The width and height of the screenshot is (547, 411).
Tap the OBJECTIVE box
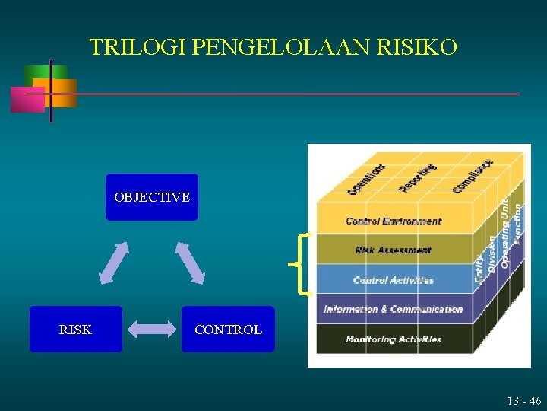(152, 197)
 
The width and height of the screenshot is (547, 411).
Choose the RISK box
(75, 330)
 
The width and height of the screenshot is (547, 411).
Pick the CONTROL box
(228, 330)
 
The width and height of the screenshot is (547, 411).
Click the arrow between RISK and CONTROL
(151, 330)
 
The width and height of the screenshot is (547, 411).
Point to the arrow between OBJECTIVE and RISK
(114, 263)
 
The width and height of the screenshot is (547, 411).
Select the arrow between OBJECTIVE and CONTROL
(190, 263)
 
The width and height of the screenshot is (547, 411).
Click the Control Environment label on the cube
(393, 221)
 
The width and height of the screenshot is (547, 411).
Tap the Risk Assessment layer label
(393, 250)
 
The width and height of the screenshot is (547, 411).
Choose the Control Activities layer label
(393, 280)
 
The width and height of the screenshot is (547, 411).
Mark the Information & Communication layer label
(393, 309)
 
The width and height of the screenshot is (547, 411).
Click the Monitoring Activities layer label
(393, 339)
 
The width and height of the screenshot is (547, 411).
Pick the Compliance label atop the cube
(472, 175)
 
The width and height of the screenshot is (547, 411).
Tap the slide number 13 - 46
(524, 400)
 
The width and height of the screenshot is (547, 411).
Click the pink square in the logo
(27, 100)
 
